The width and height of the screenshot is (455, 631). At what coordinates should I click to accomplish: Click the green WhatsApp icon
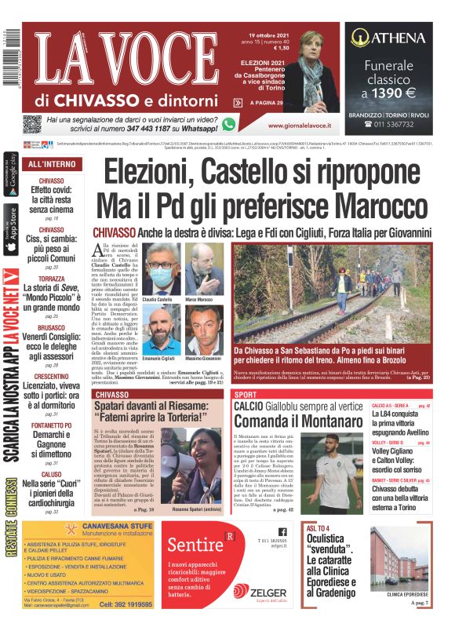pos(229,123)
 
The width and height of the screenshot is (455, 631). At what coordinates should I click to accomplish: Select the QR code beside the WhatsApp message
pos(32,124)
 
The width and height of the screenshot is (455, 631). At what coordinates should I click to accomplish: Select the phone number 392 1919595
pos(126,605)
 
